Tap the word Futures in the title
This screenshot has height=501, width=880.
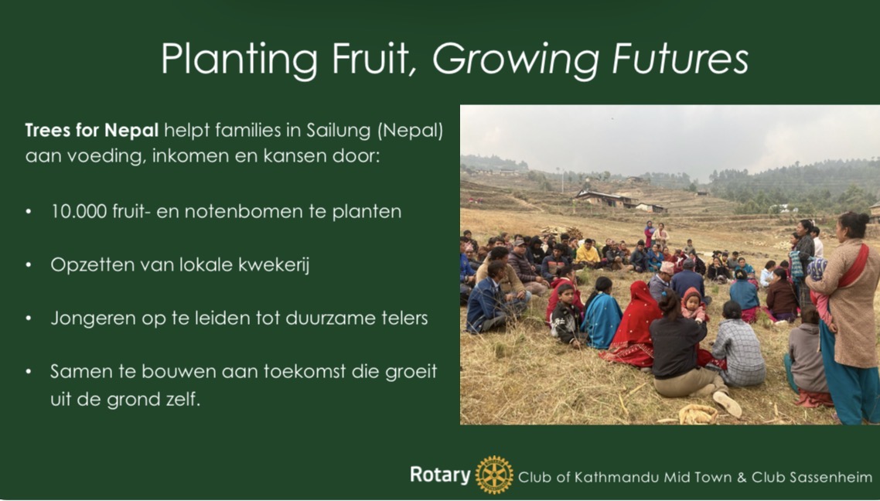680,58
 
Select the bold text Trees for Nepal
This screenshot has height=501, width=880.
92,131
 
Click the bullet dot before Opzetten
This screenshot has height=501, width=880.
29,265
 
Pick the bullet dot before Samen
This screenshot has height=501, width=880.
29,372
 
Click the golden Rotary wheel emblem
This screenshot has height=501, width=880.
494,475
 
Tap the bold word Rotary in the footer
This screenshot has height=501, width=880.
440,475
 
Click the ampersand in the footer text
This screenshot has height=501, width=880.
742,478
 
